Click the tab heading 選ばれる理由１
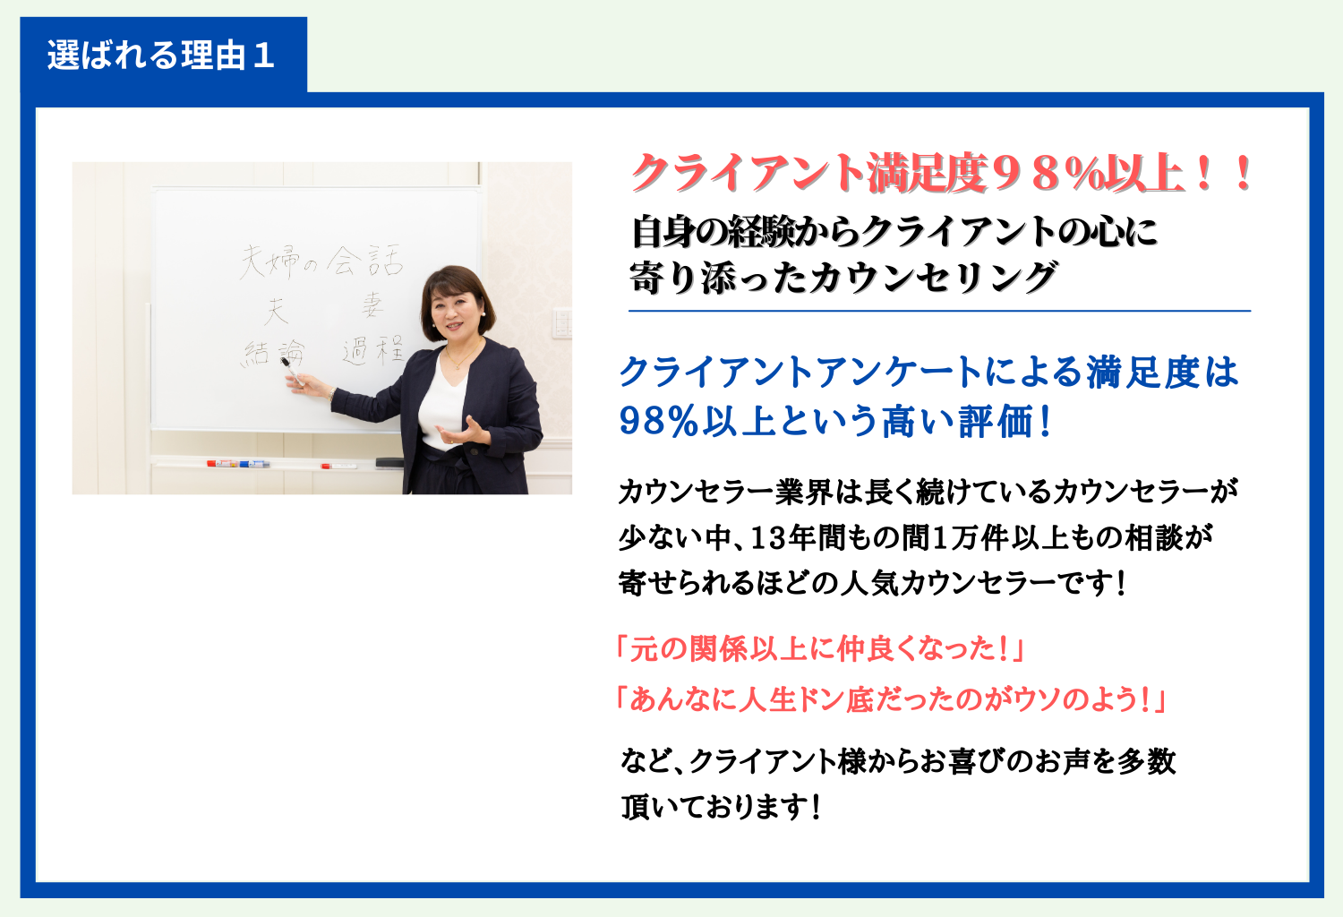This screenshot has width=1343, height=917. (x=160, y=56)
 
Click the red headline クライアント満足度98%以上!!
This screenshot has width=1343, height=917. (x=941, y=174)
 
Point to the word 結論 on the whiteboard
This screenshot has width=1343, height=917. (x=273, y=353)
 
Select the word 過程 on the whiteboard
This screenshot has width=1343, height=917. (x=372, y=350)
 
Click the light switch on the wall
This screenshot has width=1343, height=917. (x=562, y=323)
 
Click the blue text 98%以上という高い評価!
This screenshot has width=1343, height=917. (x=834, y=421)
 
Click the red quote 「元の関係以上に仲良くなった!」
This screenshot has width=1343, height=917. (x=820, y=649)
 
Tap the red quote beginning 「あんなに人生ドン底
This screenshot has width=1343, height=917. (x=891, y=699)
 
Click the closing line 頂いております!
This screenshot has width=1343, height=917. (x=721, y=807)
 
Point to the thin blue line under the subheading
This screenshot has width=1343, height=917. (x=939, y=312)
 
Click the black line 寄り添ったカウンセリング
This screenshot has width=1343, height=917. (x=843, y=277)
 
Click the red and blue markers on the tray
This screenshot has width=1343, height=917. (x=238, y=464)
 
